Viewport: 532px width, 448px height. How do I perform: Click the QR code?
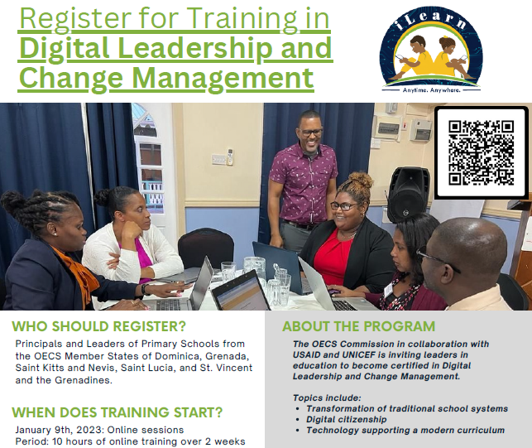coord(481,152)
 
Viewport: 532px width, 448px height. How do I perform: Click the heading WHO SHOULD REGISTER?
coord(98,326)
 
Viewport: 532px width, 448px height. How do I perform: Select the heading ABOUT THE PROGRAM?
coord(358,326)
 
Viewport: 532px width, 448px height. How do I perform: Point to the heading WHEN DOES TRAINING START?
coord(117,412)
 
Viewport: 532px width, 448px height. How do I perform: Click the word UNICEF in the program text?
coord(359,355)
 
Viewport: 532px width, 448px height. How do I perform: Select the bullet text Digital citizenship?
coord(347,420)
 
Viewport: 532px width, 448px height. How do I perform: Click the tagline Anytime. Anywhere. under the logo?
coord(431,90)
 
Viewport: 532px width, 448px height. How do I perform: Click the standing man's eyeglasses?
coord(311,132)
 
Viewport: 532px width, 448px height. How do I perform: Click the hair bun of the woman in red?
coord(361,181)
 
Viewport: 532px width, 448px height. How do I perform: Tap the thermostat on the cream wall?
coord(230,157)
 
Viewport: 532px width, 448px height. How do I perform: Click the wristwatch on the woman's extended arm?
coord(146,289)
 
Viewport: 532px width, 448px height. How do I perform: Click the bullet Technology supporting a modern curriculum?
coord(405,431)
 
